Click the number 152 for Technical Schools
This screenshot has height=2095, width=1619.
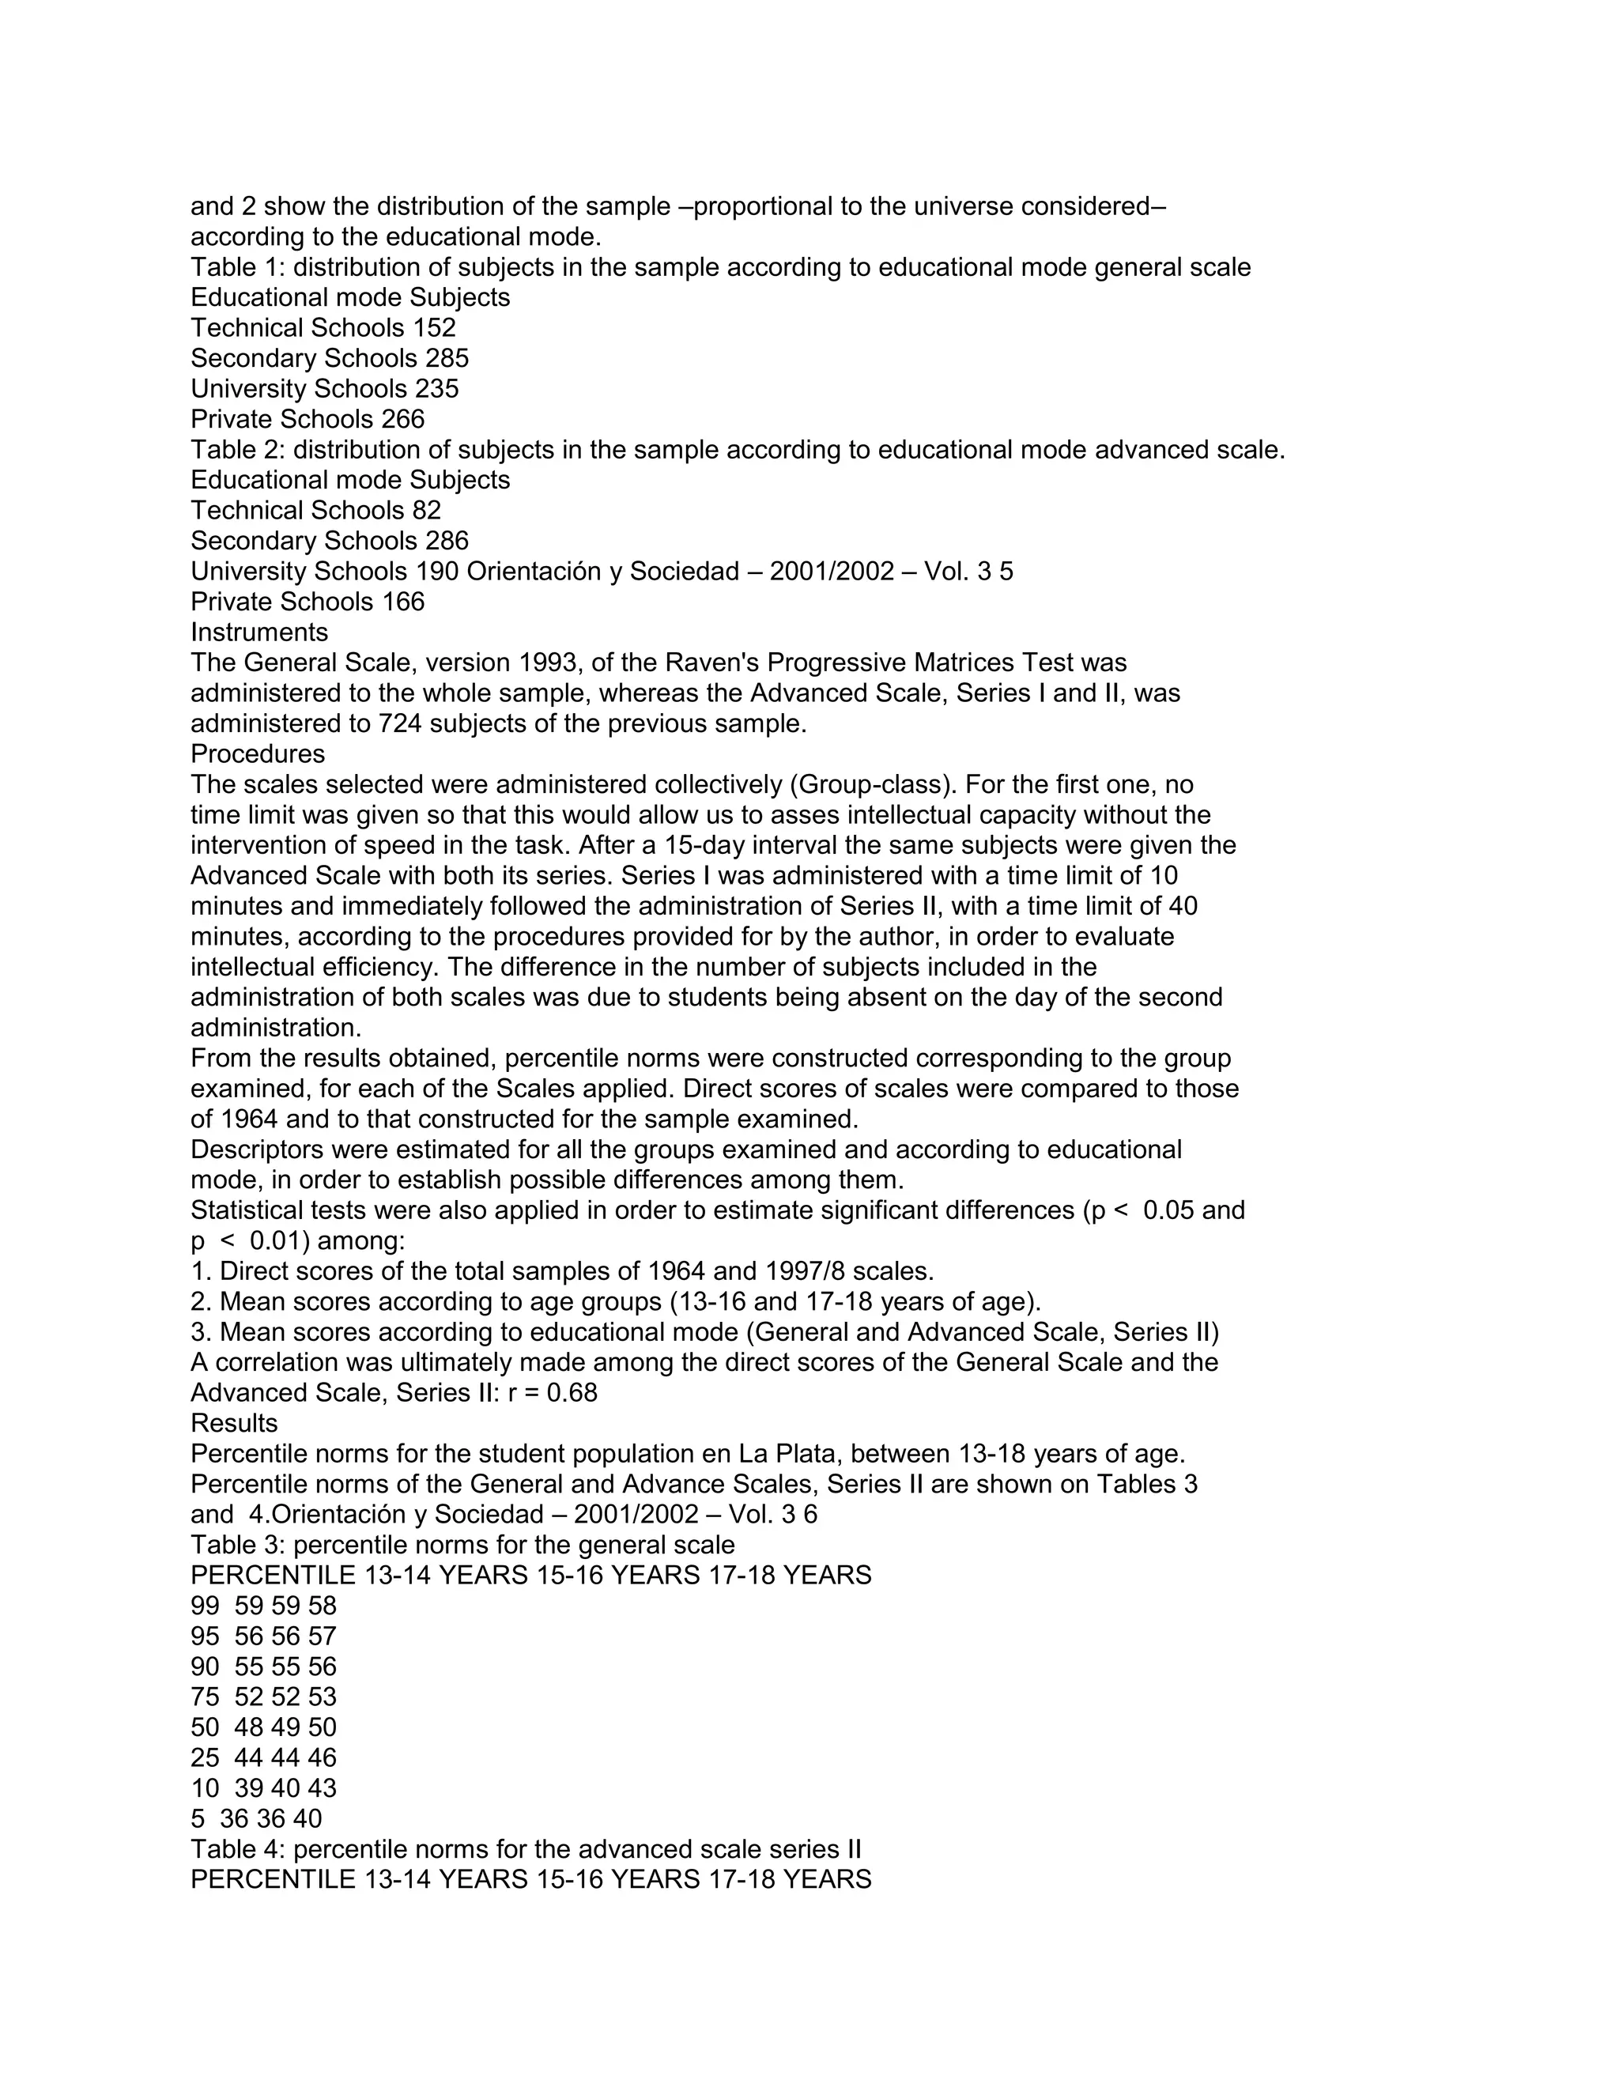pos(435,328)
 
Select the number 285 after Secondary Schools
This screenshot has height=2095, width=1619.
pos(447,359)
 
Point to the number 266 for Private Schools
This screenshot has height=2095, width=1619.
pos(403,419)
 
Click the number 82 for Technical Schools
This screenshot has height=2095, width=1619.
pos(427,511)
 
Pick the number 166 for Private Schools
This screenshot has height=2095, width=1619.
pos(403,602)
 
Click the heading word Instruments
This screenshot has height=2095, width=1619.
pos(259,632)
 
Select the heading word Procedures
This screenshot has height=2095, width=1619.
pos(257,754)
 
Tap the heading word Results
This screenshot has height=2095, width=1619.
pos(234,1424)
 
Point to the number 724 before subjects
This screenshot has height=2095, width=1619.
pos(400,723)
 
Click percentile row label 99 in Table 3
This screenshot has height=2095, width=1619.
pos(204,1606)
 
